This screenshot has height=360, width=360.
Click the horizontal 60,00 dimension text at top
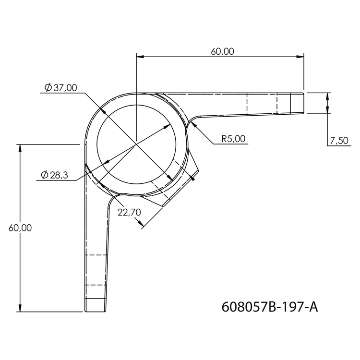coord(222,51)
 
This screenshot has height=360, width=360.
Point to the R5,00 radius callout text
coord(233,139)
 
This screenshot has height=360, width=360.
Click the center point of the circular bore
coord(136,143)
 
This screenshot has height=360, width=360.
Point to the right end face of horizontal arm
coord(304,103)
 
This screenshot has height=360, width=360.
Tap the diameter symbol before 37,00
coord(48,87)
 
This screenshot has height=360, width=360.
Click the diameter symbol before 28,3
coord(44,176)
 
